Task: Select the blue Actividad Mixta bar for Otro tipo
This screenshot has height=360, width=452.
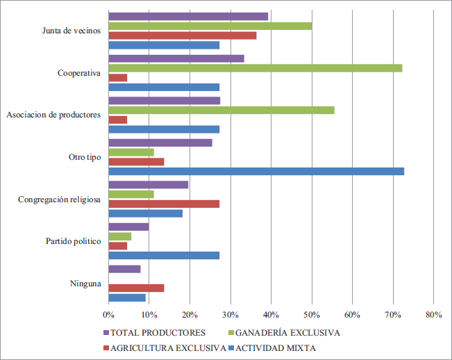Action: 256,171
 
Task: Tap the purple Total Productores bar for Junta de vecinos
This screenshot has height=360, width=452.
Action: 188,16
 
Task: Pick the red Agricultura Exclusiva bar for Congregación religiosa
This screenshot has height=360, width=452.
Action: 164,204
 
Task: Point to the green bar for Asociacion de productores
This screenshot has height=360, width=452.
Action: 221,110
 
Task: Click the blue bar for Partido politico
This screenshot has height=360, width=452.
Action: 164,255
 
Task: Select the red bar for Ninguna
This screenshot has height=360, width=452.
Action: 136,288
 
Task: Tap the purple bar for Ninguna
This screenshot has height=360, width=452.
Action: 125,269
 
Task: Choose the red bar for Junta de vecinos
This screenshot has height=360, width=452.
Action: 183,35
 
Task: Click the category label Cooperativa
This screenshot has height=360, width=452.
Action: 79,73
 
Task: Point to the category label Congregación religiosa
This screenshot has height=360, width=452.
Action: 60,199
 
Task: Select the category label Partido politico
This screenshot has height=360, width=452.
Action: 74,241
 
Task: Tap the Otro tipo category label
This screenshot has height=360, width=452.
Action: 84,157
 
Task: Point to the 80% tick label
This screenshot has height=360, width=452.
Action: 433,315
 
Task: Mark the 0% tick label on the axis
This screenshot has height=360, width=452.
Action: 109,315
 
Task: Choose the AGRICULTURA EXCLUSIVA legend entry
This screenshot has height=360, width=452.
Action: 165,347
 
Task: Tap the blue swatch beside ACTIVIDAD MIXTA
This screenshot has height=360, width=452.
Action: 233,347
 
